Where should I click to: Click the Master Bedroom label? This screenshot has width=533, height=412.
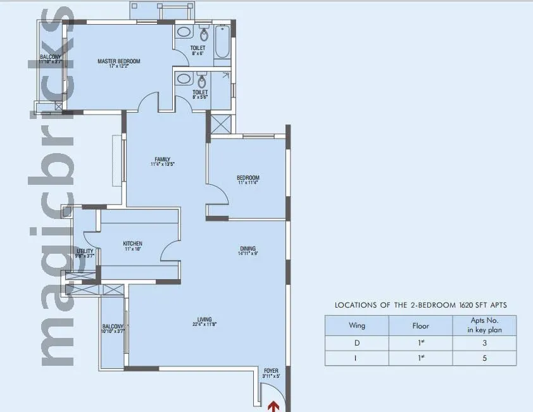click(118, 61)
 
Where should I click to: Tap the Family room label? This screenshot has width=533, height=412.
click(162, 159)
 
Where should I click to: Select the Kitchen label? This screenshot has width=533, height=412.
click(132, 244)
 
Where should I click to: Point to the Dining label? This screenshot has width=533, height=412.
click(248, 249)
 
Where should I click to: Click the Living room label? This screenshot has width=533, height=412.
click(204, 319)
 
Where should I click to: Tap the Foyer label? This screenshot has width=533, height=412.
click(271, 371)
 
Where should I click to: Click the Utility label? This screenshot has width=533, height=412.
click(85, 251)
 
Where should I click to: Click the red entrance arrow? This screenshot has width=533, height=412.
click(275, 406)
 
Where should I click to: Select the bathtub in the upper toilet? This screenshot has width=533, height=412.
click(223, 42)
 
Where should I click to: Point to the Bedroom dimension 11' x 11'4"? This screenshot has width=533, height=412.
click(248, 184)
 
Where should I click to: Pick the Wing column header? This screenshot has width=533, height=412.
click(357, 326)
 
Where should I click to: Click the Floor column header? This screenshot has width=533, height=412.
click(420, 326)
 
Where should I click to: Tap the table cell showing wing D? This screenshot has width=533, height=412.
click(357, 343)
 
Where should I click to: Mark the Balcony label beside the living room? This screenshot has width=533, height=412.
click(113, 327)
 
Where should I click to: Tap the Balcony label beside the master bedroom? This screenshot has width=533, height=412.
click(50, 57)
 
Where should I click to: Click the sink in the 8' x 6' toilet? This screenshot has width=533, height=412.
click(183, 32)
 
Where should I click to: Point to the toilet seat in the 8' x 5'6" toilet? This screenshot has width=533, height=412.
click(202, 82)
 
